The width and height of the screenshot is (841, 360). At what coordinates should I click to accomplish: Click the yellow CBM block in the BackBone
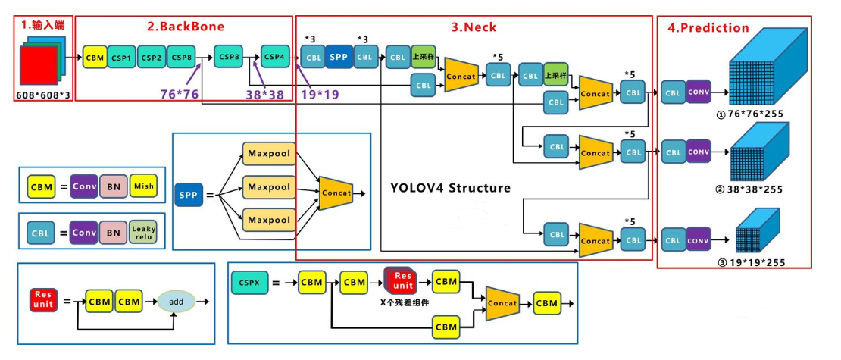tap(94, 57)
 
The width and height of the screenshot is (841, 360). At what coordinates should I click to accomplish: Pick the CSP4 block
tap(274, 57)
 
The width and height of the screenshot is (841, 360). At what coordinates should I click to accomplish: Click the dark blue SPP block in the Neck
tap(339, 57)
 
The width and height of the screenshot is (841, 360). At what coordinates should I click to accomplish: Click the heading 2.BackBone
tap(185, 27)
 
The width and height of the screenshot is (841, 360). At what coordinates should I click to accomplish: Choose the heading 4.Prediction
tap(708, 28)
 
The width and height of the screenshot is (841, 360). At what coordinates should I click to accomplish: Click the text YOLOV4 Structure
tap(451, 187)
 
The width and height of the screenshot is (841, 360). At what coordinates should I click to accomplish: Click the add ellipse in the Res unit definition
tap(176, 302)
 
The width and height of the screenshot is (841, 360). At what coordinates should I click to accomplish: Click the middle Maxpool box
tap(269, 186)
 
